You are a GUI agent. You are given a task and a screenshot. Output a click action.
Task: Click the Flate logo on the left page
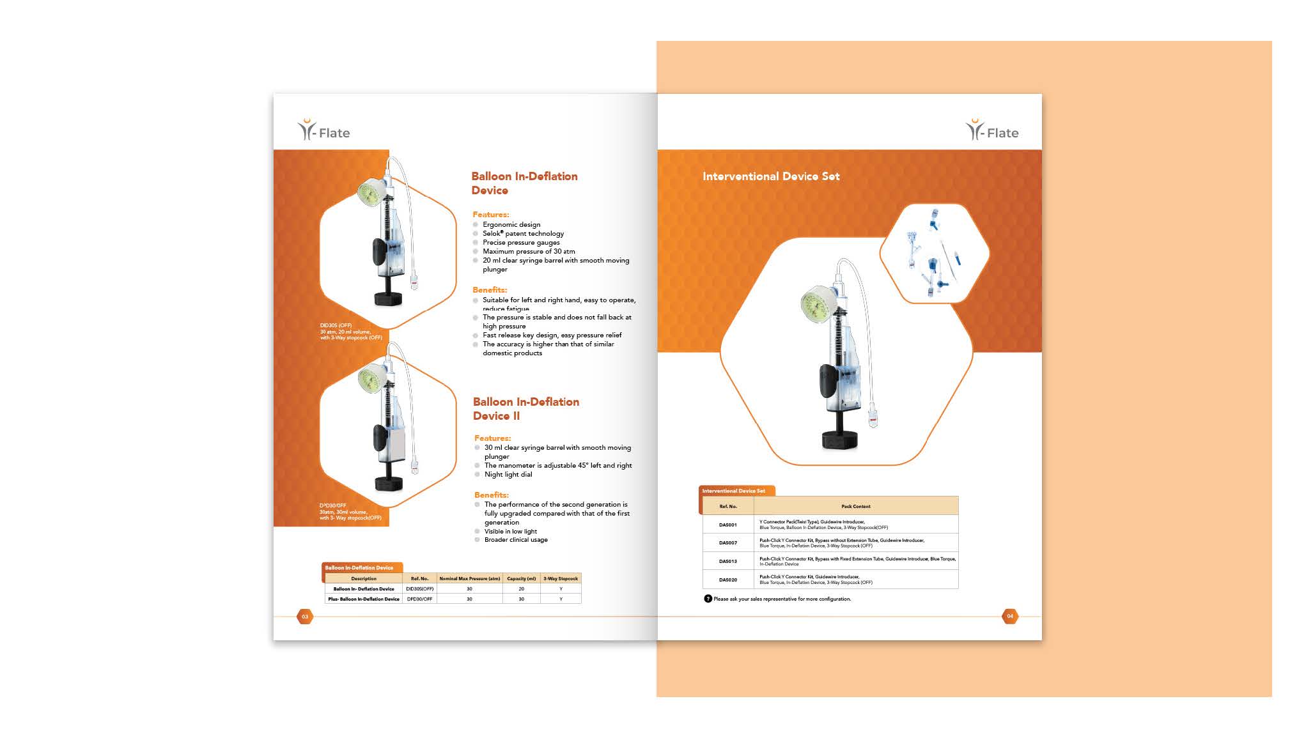point(324,130)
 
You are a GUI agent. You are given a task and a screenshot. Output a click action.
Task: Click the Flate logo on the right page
point(992,130)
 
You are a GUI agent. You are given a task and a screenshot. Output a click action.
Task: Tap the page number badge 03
point(305,617)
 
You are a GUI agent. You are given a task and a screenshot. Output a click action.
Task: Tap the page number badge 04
point(1010,617)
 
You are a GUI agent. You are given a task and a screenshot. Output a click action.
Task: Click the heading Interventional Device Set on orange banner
point(771,176)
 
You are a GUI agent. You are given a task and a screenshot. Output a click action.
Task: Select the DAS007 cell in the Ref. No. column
point(727,543)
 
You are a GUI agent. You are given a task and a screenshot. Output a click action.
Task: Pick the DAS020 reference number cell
point(727,580)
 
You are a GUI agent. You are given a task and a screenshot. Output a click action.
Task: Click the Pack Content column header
point(855,506)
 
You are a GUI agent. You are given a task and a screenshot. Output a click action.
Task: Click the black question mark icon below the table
point(708,599)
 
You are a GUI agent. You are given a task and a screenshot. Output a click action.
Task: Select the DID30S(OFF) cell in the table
point(420,588)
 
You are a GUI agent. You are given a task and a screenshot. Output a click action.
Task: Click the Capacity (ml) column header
point(521,578)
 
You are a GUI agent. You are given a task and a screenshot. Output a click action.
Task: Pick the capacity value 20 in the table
point(521,588)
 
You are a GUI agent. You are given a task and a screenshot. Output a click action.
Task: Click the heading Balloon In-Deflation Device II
point(525,409)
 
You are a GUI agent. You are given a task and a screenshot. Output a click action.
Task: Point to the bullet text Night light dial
point(508,474)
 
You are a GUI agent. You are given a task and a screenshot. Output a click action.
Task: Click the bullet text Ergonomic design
point(511,224)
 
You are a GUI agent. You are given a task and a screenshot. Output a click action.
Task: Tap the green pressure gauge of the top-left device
point(370,192)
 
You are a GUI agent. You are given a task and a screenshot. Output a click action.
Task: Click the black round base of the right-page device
point(839,440)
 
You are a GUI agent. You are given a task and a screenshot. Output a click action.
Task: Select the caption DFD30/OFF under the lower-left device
point(333,505)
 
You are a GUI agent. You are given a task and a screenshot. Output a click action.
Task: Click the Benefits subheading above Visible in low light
point(492,495)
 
